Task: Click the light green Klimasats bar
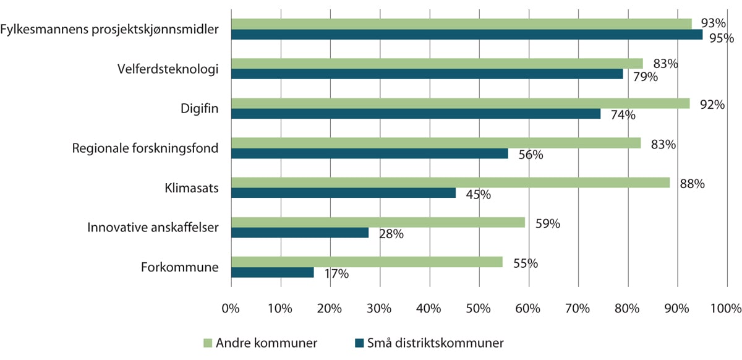(450, 182)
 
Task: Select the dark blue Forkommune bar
(272, 272)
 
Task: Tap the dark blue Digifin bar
(416, 114)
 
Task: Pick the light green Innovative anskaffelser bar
(378, 222)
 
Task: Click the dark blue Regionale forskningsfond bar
(370, 153)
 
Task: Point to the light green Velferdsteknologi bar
(437, 63)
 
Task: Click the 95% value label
(721, 38)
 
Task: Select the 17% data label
(336, 274)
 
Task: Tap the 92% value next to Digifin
(712, 105)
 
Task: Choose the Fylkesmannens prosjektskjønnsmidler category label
(109, 29)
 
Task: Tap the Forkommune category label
(179, 268)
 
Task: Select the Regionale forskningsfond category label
(145, 148)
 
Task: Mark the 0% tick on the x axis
(231, 308)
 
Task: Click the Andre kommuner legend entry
(261, 342)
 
